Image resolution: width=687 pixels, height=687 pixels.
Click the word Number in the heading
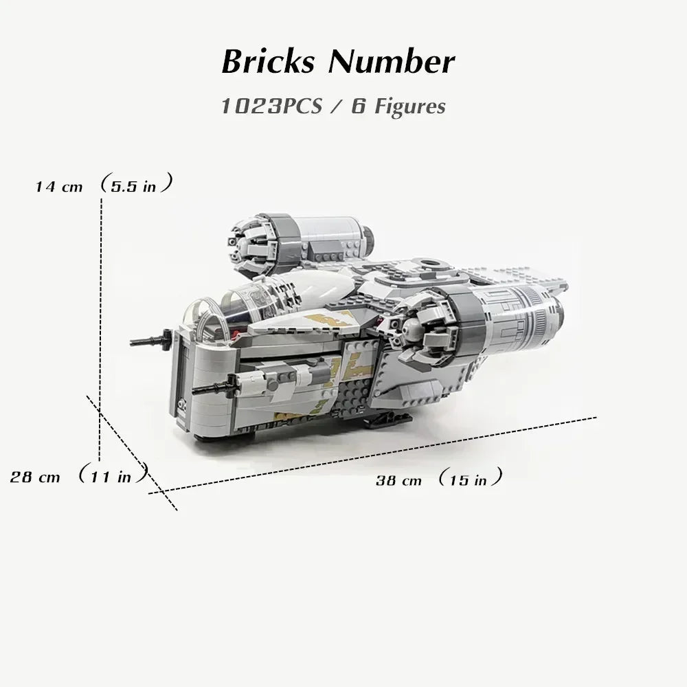coord(392,62)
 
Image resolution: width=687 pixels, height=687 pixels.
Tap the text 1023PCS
coord(271,106)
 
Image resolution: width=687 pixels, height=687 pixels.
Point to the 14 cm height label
coord(59,187)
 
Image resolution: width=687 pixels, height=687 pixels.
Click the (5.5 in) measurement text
coord(135,185)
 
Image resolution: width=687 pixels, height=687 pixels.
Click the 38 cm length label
coord(398,480)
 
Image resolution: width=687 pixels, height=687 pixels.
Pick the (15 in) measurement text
coord(470,479)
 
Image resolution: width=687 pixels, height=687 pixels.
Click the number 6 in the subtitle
coord(357,106)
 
